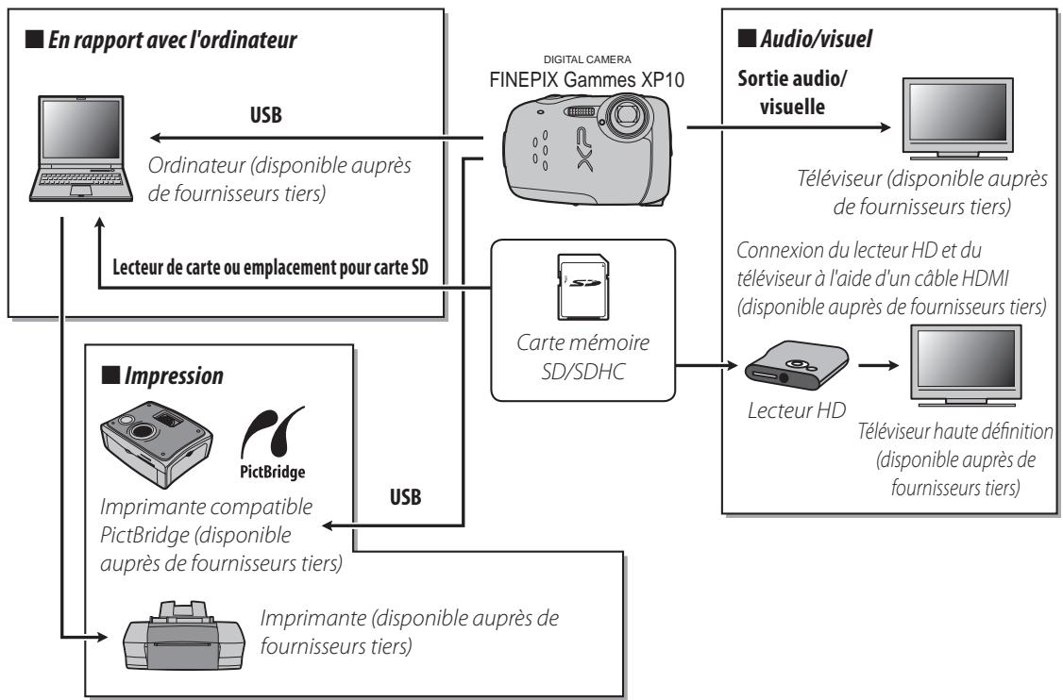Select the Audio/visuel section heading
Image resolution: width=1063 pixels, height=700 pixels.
pos(820,43)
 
